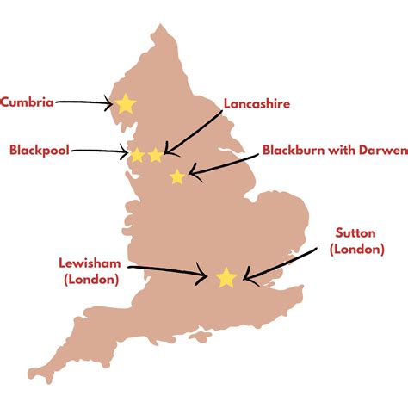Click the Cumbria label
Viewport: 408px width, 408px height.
(x=28, y=102)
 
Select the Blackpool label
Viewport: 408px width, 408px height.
(x=39, y=150)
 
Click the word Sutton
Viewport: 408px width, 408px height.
(x=356, y=233)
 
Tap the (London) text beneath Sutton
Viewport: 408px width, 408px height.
(x=356, y=249)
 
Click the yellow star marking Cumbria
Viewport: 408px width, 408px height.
(x=126, y=103)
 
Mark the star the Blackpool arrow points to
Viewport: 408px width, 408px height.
(x=136, y=156)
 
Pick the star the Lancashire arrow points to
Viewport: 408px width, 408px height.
(x=155, y=156)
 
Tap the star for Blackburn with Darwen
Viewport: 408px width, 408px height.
(x=177, y=177)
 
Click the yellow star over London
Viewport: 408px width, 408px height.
(x=226, y=277)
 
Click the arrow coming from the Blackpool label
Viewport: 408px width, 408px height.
(x=99, y=151)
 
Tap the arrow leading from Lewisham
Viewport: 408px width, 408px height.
(x=164, y=272)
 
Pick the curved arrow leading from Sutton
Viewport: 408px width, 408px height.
(x=284, y=263)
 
